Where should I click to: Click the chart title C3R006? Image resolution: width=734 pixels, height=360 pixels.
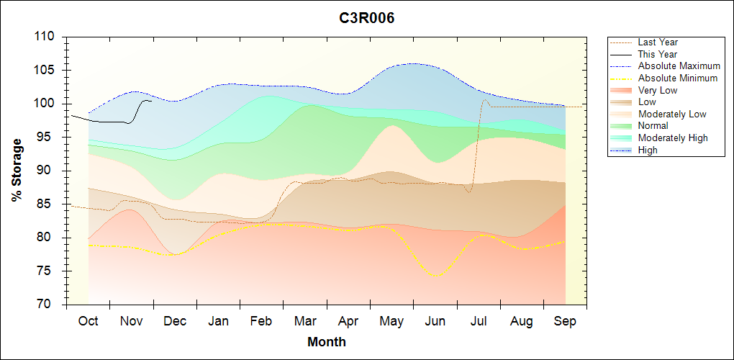point(367,18)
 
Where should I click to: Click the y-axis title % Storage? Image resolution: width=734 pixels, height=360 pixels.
point(17,170)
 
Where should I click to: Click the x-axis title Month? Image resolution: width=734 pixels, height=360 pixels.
point(326,342)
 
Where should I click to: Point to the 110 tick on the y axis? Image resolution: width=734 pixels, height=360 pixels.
point(47,37)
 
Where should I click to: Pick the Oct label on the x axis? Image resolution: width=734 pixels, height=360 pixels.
point(88,321)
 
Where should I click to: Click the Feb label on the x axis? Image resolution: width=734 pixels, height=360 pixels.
point(261,321)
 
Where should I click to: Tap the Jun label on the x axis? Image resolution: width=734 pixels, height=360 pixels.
point(435,321)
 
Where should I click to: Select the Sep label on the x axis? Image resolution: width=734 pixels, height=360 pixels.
point(565,321)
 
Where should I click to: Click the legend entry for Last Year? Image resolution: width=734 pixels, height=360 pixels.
point(658,42)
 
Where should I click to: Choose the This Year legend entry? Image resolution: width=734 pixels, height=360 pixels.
point(658,54)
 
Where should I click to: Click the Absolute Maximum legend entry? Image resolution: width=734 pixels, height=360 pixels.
point(679,66)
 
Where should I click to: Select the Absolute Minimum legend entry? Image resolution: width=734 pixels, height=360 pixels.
point(678,78)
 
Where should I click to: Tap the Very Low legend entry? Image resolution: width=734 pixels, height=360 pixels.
point(658,90)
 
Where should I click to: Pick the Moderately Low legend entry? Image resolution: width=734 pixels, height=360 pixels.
point(672,114)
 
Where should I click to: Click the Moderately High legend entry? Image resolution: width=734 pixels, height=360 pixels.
point(673,138)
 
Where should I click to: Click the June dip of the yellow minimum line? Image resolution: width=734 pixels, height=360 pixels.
point(435,275)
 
